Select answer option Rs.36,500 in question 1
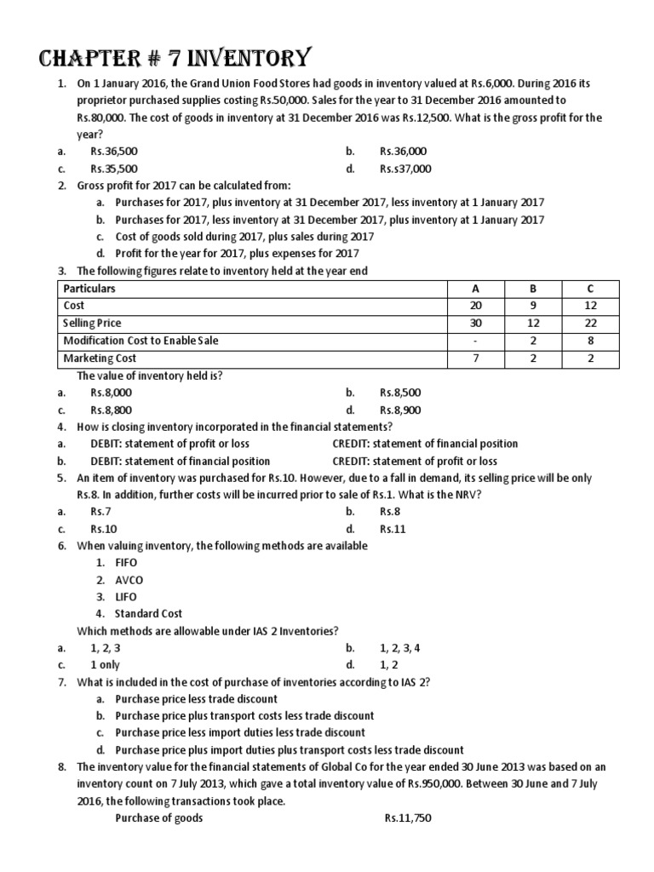[113, 152]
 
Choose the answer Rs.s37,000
[405, 169]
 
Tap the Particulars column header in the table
[89, 289]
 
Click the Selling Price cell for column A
[475, 324]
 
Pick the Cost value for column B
[533, 306]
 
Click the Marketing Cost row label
[100, 359]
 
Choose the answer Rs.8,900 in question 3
[400, 410]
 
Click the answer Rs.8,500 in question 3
[400, 393]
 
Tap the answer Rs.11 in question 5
[393, 529]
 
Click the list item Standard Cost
[149, 613]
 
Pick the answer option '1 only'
[105, 664]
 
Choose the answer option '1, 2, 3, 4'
[399, 647]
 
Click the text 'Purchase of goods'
[158, 817]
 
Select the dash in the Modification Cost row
[475, 341]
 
